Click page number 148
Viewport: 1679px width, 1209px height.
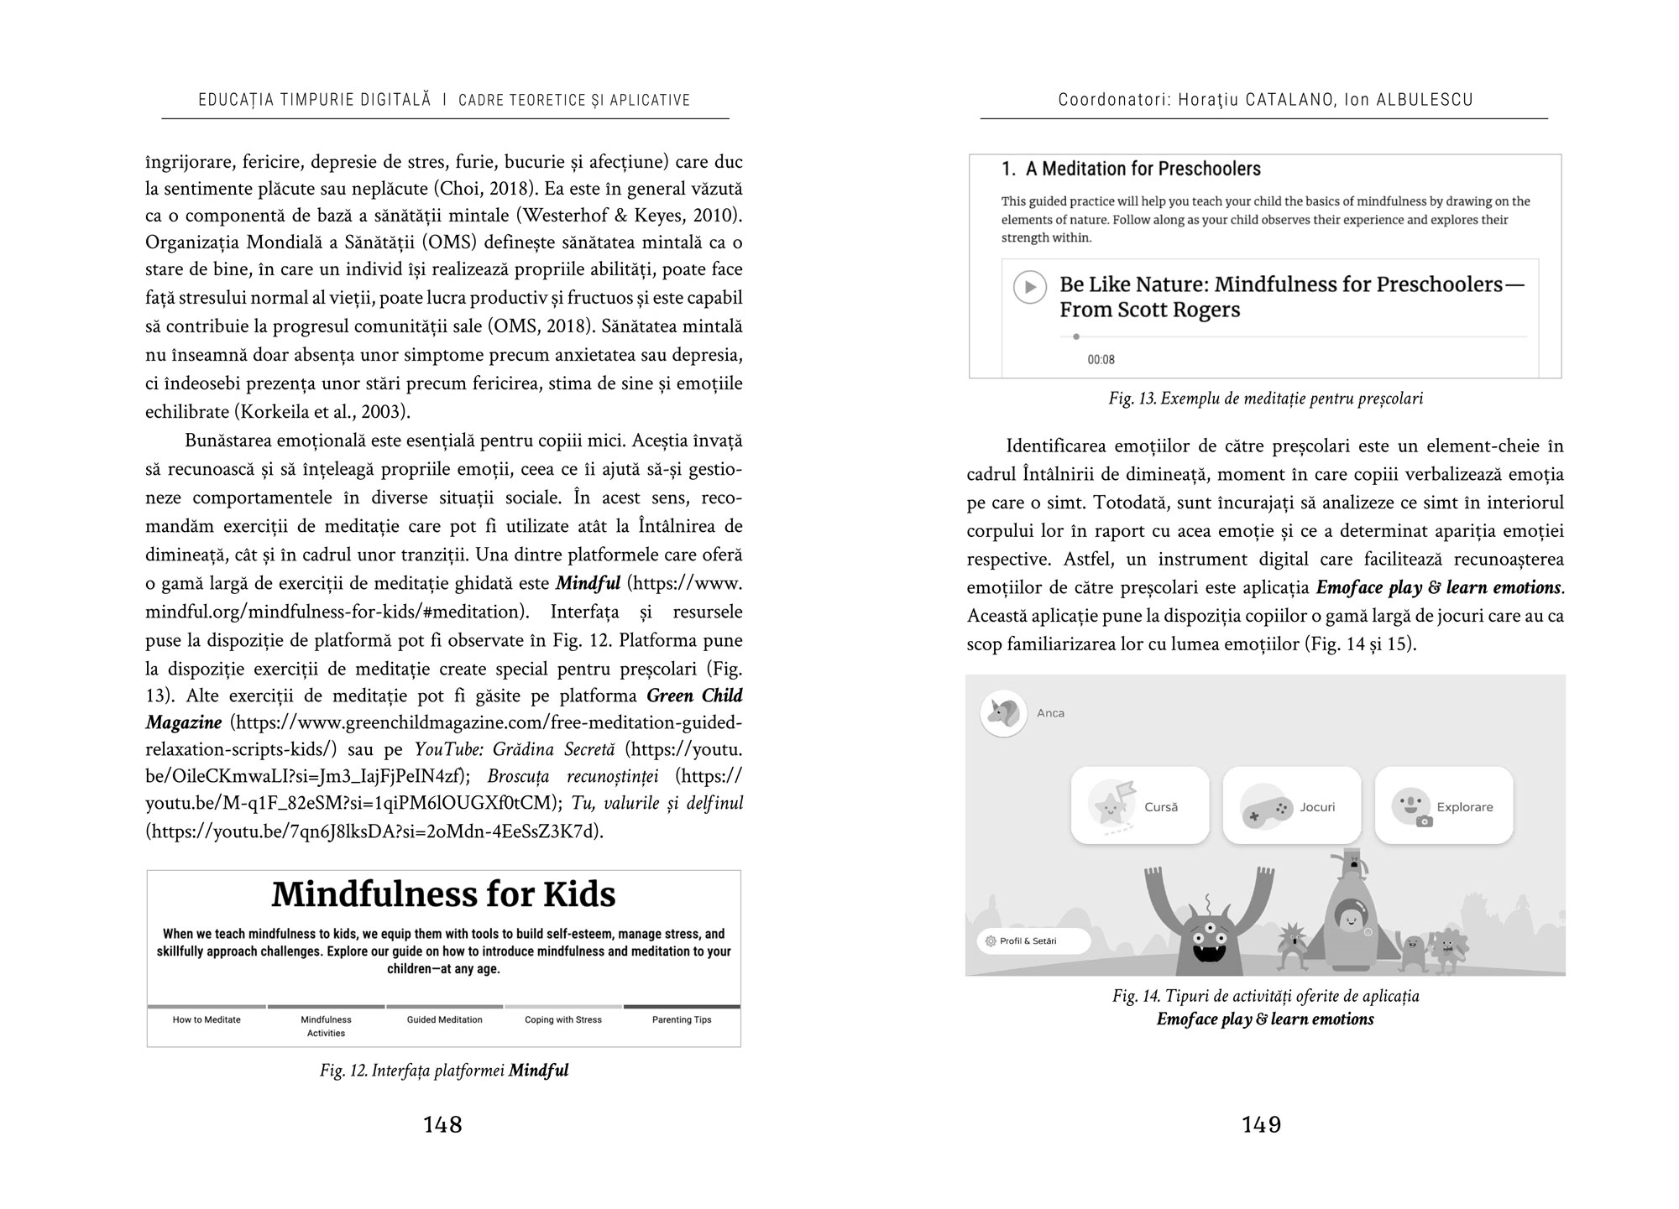point(442,1124)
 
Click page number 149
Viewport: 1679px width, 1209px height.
point(1261,1124)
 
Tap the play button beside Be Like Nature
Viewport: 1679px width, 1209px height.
point(1029,287)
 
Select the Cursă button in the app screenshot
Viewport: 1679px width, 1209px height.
point(1140,805)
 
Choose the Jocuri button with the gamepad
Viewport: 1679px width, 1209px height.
point(1291,805)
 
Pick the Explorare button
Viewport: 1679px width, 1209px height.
point(1443,805)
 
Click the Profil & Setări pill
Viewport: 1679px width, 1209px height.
point(1033,941)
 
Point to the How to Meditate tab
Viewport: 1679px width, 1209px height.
point(207,1020)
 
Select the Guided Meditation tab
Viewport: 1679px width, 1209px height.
point(444,1020)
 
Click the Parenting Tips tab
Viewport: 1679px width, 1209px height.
point(682,1020)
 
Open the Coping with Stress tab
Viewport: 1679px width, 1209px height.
point(563,1020)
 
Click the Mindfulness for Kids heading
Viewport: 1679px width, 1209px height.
point(443,894)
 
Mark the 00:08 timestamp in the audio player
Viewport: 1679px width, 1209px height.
point(1101,360)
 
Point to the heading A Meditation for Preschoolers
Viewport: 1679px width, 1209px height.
point(1131,169)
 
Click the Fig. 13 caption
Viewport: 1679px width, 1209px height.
point(1265,399)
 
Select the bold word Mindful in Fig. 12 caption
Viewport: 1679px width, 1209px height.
point(538,1071)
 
